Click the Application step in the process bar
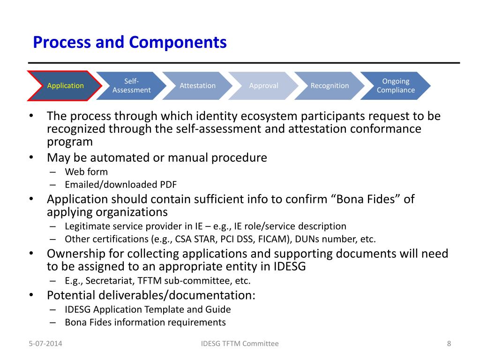pos(65,86)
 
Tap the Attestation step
pos(197,86)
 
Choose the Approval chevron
pos(263,86)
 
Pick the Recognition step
pos(330,86)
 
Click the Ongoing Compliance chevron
pos(396,86)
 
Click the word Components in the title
pos(178,43)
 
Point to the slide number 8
pos(449,344)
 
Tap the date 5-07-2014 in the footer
pos(45,344)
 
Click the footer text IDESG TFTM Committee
pos(240,344)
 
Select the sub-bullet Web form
pos(86,172)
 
